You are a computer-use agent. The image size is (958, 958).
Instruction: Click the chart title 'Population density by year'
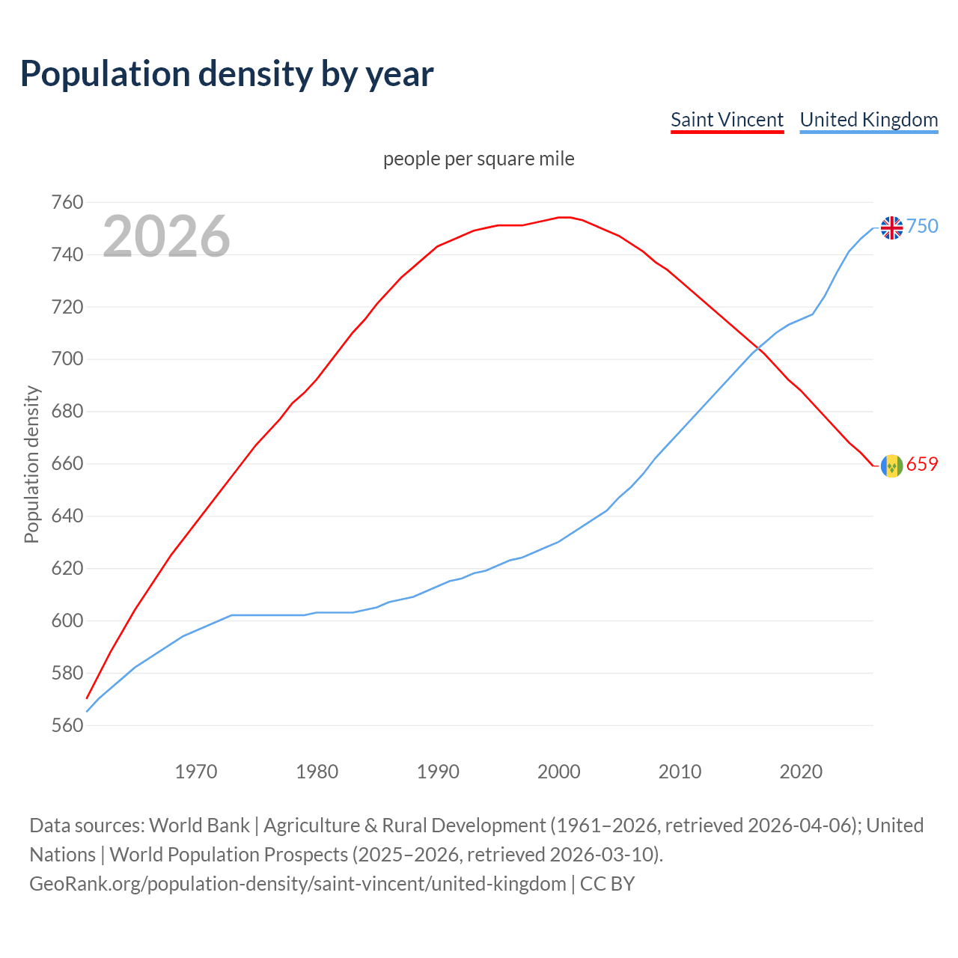coord(227,73)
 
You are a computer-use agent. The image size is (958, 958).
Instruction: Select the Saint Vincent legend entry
coord(727,120)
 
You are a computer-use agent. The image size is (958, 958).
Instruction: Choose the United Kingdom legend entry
coord(868,120)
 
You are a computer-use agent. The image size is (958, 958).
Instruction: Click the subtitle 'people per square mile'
coord(478,159)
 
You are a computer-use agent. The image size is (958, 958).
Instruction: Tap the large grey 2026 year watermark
coord(166,237)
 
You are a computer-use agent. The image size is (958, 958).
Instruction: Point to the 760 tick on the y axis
coord(67,202)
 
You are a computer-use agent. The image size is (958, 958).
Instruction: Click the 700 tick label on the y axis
coord(67,359)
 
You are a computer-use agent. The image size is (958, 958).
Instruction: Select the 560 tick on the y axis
coord(67,725)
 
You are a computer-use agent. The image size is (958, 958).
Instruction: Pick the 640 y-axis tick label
coord(67,516)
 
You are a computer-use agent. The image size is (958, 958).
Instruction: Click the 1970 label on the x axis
coord(195,771)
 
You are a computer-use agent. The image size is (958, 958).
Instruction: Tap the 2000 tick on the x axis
coord(558,771)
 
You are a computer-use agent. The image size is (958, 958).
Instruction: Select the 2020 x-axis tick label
coord(801,771)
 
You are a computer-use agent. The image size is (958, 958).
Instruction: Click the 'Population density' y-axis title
coord(31,464)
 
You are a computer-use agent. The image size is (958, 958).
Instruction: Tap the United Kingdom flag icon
coord(891,227)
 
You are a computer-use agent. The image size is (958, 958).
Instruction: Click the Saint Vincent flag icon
coord(891,466)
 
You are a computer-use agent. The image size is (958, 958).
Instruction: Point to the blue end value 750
coord(922,226)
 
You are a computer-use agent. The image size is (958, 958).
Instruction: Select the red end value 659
coord(922,464)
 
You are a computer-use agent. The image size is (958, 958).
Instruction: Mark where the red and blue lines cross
coord(758,349)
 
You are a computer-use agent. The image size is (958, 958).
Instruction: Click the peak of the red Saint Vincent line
coord(564,217)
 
